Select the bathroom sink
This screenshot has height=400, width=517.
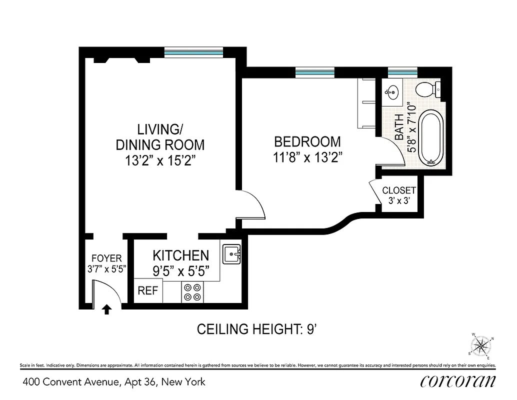coord(392,92)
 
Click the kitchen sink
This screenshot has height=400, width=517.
coord(231,254)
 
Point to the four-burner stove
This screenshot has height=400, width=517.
coord(192,292)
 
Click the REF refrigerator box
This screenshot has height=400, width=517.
coord(148,291)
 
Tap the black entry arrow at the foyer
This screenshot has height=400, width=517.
coord(106,309)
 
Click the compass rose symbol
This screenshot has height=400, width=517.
coord(482,345)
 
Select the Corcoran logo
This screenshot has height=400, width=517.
coord(458,381)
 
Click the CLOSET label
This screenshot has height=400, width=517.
coord(398,190)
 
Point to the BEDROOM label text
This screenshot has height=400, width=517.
coord(307,142)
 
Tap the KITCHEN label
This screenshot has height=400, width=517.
coord(180,255)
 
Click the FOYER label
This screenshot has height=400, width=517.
coord(106,258)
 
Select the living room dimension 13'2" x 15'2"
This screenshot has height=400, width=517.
coord(160,161)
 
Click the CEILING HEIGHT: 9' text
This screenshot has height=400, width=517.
coord(257,329)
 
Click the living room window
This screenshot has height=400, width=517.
coord(193,52)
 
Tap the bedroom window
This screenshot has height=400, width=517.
coord(314,73)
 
